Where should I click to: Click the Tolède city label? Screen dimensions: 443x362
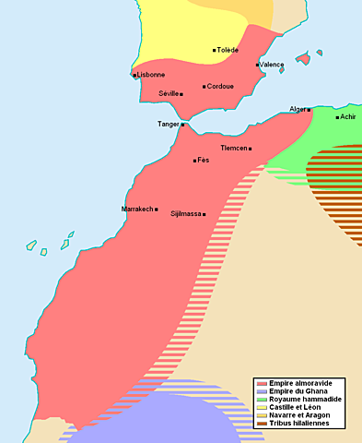(x=228, y=50)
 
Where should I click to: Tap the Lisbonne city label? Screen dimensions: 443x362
(x=150, y=75)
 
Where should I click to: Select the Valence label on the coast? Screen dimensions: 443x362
(x=273, y=65)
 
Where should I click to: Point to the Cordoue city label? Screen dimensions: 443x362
(x=220, y=87)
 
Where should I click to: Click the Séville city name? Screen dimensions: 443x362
(x=169, y=93)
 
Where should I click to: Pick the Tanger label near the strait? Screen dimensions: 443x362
(x=168, y=124)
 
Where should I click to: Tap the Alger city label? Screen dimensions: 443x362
(x=297, y=109)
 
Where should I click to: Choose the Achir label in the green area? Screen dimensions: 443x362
(x=348, y=117)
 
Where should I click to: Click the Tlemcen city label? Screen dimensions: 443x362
(x=234, y=148)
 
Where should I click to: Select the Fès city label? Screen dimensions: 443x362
(x=204, y=161)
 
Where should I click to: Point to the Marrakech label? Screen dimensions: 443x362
(x=137, y=210)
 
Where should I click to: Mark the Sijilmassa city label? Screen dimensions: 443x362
(x=185, y=214)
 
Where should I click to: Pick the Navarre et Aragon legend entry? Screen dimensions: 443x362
(x=299, y=415)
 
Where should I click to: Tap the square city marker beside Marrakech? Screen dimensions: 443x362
(x=157, y=210)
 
